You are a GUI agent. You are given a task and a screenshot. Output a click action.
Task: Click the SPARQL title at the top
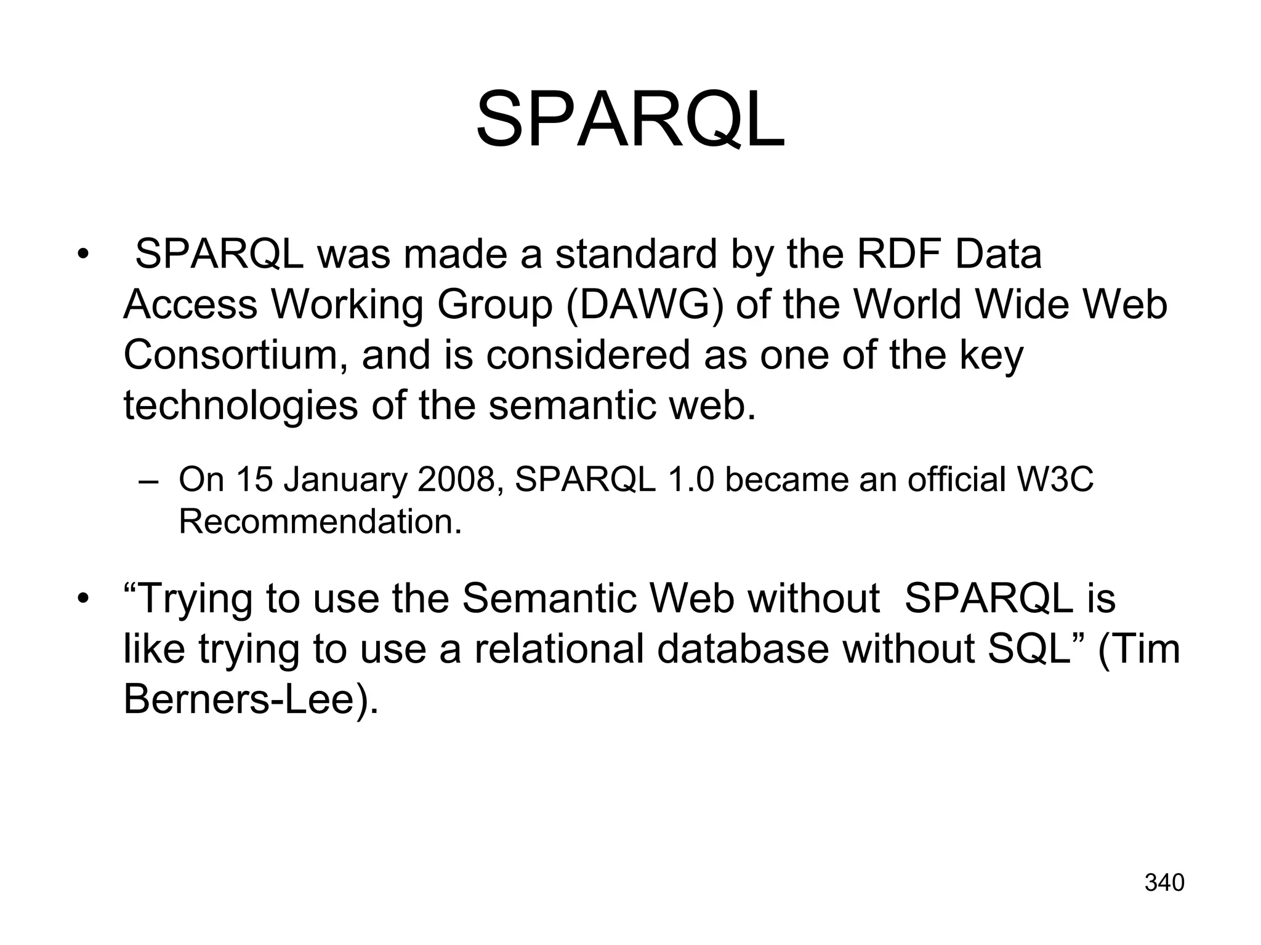coord(630,119)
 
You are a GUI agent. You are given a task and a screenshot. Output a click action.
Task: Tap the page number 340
coord(1164,883)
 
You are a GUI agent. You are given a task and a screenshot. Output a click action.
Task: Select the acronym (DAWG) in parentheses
coord(644,305)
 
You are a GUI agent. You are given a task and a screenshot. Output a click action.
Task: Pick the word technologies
coord(241,407)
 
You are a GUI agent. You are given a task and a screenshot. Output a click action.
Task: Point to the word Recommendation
coord(320,522)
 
